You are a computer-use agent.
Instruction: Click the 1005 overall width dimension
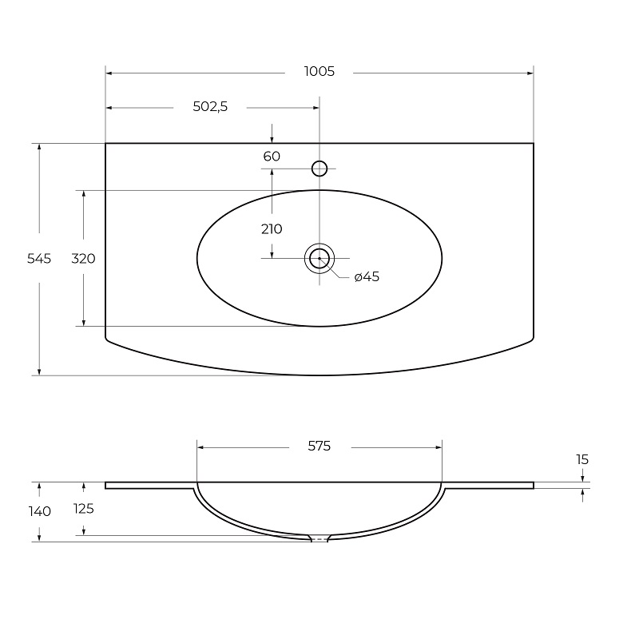[319, 71]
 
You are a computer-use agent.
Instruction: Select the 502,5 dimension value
[210, 106]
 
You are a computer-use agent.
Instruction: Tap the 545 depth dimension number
[39, 258]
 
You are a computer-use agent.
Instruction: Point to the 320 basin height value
[83, 258]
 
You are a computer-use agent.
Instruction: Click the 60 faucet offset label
[272, 156]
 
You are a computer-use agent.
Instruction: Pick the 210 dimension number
[272, 229]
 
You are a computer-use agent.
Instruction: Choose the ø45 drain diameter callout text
[367, 276]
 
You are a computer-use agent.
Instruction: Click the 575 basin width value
[319, 447]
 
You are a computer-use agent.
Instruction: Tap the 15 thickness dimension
[582, 460]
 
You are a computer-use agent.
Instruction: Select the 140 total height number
[39, 511]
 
